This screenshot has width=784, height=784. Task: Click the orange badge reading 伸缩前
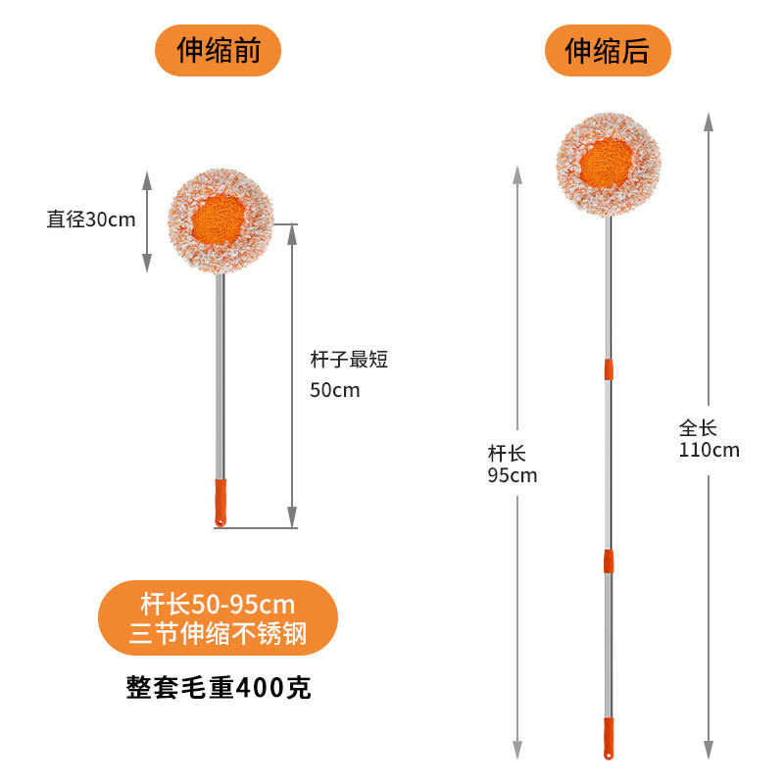tap(218, 50)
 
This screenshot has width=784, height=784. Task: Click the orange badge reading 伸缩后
tap(607, 50)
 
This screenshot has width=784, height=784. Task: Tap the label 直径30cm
tap(91, 220)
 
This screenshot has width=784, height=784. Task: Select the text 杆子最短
tap(349, 360)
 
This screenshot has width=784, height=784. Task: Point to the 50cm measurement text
tap(335, 390)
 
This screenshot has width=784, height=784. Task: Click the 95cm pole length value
tap(513, 476)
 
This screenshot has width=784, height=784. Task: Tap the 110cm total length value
tap(709, 451)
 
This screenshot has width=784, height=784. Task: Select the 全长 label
tap(698, 428)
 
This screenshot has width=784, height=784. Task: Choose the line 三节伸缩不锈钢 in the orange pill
tap(218, 634)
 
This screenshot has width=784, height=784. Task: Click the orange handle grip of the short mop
tap(220, 502)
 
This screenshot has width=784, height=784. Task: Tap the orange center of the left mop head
tap(219, 220)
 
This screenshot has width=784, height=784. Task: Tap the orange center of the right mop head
tap(608, 160)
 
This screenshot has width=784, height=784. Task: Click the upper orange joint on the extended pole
tap(609, 369)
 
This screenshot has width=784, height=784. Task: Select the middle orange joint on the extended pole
tap(608, 561)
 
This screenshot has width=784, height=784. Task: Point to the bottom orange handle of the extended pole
tap(608, 738)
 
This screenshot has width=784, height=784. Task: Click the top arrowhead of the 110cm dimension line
tap(707, 119)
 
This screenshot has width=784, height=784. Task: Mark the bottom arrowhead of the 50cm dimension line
tap(292, 519)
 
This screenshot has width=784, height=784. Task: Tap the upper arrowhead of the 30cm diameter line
tap(147, 179)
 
